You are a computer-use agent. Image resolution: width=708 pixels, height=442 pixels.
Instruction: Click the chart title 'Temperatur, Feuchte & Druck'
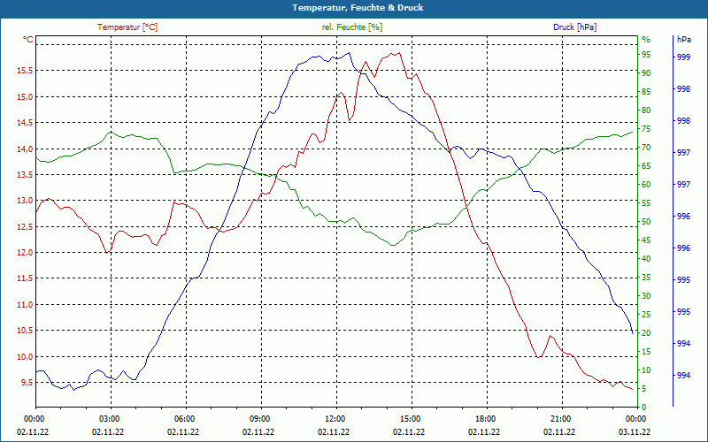pyautogui.click(x=354, y=7)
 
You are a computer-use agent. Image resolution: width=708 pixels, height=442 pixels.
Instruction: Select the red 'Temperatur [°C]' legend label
pyautogui.click(x=127, y=27)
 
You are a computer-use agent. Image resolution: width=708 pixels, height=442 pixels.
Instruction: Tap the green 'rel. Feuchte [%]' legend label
pyautogui.click(x=352, y=27)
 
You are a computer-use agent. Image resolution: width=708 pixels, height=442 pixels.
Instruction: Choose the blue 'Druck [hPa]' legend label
pyautogui.click(x=574, y=27)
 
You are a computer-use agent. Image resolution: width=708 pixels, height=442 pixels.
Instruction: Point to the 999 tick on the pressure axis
pyautogui.click(x=683, y=57)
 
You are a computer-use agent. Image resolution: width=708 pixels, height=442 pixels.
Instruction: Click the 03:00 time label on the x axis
pyautogui.click(x=110, y=419)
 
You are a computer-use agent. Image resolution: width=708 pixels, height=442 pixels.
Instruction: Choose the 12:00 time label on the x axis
pyautogui.click(x=335, y=419)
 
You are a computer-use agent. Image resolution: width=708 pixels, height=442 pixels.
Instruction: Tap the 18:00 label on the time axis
pyautogui.click(x=485, y=419)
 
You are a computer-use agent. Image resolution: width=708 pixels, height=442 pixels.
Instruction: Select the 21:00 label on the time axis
pyautogui.click(x=560, y=419)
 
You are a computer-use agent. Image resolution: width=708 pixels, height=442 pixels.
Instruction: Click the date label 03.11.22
pyautogui.click(x=635, y=432)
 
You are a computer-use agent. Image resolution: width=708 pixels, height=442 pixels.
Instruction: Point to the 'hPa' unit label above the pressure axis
pyautogui.click(x=683, y=40)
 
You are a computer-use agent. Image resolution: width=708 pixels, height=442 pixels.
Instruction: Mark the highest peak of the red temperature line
pyautogui.click(x=398, y=52)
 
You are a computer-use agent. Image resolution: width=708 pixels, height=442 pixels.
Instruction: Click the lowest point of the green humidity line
pyautogui.click(x=392, y=245)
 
